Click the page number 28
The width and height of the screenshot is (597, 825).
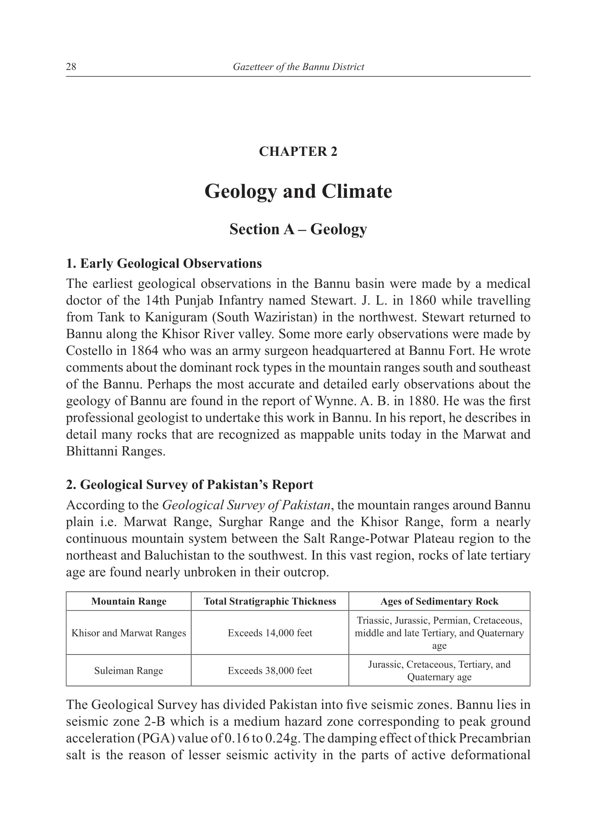tap(71, 67)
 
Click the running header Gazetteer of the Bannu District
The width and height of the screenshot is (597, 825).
tap(298, 67)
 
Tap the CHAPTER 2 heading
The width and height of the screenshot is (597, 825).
tap(298, 151)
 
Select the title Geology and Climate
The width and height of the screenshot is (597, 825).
tap(298, 191)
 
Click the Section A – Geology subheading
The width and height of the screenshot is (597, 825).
tap(298, 229)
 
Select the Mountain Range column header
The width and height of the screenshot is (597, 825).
tap(129, 601)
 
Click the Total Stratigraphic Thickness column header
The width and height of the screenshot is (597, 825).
tap(270, 601)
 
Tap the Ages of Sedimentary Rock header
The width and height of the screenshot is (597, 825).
tap(439, 601)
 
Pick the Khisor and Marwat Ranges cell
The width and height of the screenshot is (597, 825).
tap(129, 633)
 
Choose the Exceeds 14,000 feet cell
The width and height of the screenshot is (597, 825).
tap(270, 633)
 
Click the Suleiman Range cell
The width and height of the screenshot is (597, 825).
tap(129, 670)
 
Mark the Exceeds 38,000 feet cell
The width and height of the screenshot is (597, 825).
tap(270, 670)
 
